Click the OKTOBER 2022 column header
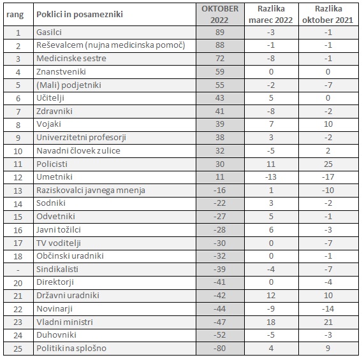(220, 15)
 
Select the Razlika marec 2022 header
(271, 15)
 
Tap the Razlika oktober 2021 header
(328, 15)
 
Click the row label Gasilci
(49, 32)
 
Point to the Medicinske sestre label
(71, 58)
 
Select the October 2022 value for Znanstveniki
(219, 71)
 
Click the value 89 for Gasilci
(219, 32)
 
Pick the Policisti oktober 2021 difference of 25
(328, 164)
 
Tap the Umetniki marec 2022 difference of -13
(271, 177)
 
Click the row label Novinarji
(55, 309)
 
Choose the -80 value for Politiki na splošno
(219, 348)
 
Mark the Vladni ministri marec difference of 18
(271, 322)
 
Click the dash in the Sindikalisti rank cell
(18, 270)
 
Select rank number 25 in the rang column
(18, 349)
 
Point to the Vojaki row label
(48, 124)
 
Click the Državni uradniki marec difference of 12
(271, 295)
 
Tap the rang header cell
(15, 15)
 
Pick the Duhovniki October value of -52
(219, 335)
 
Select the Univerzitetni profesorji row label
(81, 138)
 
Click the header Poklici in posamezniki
(80, 15)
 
